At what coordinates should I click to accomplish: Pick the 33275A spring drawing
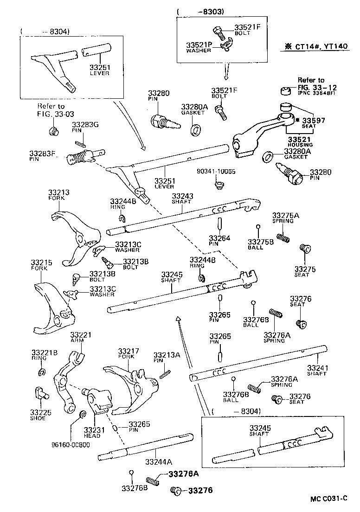point(283,237)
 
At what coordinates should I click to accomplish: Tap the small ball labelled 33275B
point(258,227)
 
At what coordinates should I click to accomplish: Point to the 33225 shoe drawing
point(40,392)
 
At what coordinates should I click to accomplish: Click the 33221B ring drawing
point(41,372)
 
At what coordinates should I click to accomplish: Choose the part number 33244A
point(158,462)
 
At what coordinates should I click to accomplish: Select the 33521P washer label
point(199,45)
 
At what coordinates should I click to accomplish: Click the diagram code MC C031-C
point(328,499)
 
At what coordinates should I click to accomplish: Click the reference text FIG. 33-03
point(56,114)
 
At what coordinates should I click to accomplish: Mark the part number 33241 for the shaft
point(317,369)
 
